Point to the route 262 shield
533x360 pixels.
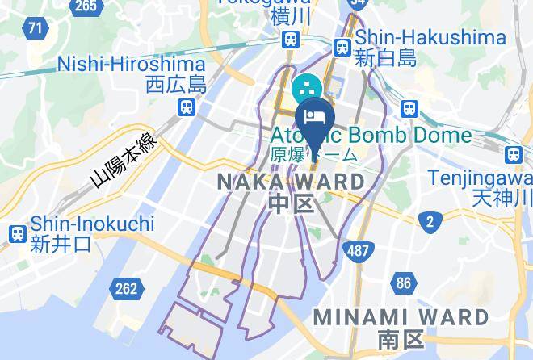click(x=126, y=288)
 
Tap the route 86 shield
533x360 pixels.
click(x=404, y=283)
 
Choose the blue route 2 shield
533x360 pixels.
click(x=431, y=221)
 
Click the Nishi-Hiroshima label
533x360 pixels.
click(x=132, y=63)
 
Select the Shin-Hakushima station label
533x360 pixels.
click(x=430, y=37)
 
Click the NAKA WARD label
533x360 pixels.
click(x=292, y=182)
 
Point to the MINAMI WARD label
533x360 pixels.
click(x=401, y=316)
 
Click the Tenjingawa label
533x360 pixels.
click(x=480, y=177)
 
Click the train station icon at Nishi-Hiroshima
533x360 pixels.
click(x=187, y=106)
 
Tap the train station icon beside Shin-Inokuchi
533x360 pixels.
click(x=17, y=234)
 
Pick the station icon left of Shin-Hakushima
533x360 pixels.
click(x=342, y=48)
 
